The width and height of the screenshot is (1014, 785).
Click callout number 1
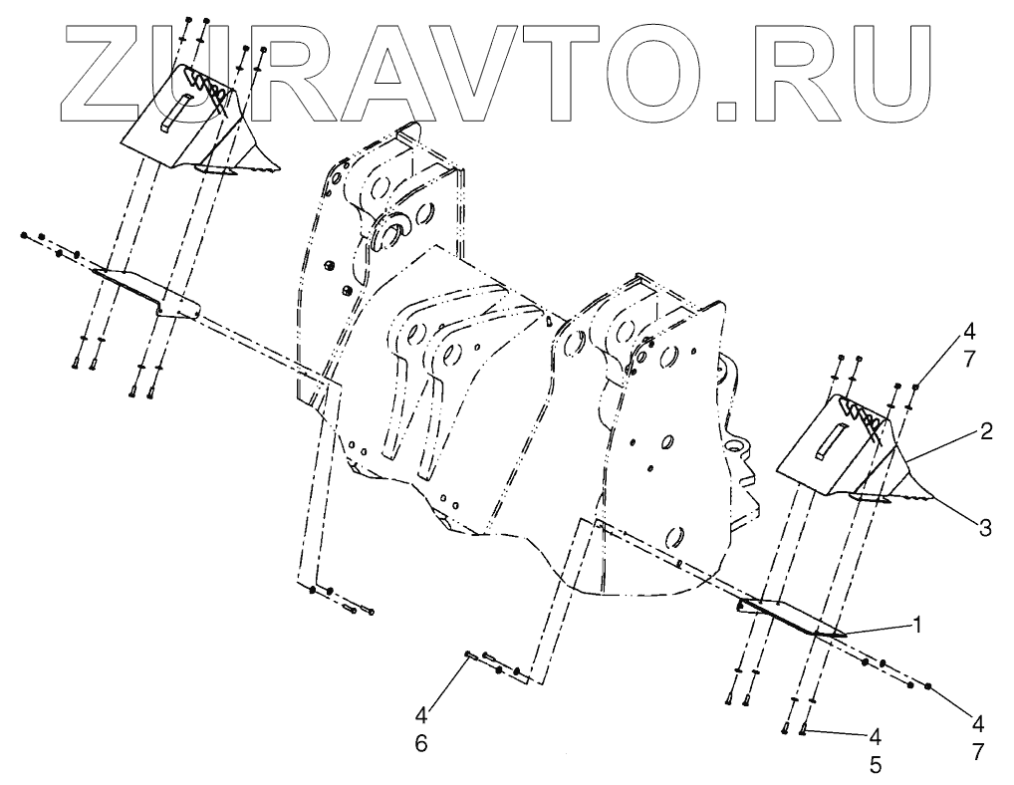click(x=917, y=626)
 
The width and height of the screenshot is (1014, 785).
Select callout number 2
click(x=985, y=431)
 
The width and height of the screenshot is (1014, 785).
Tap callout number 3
click(x=985, y=528)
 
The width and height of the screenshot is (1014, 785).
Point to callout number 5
click(x=876, y=766)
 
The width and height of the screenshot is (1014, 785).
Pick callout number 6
click(x=421, y=742)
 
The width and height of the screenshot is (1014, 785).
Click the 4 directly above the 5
click(x=876, y=737)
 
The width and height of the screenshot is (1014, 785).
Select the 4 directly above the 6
click(x=421, y=714)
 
